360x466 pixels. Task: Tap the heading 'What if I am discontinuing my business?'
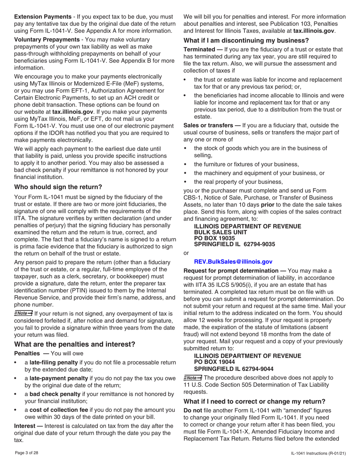click(x=246, y=41)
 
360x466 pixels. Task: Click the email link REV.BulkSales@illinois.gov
click(x=233, y=261)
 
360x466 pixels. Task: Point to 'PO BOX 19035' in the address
click(x=214, y=238)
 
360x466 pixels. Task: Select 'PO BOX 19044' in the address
click(x=214, y=362)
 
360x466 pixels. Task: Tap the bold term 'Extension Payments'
click(x=42, y=17)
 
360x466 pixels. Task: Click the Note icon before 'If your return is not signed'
click(x=23, y=313)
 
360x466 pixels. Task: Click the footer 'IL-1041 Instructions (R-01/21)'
click(x=318, y=453)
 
